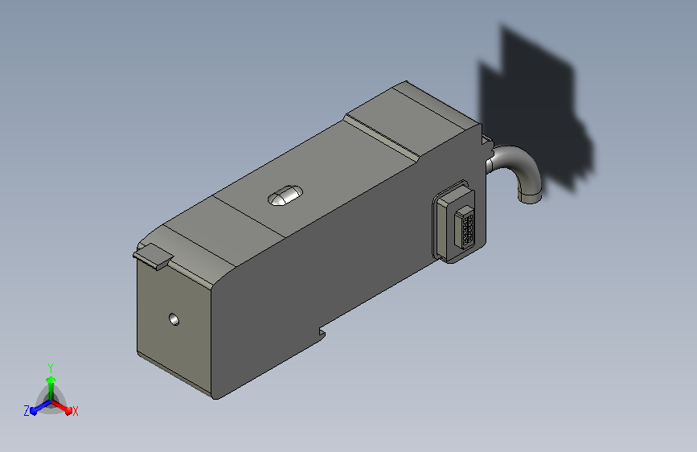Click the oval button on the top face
click(x=285, y=195)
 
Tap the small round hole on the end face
click(x=174, y=319)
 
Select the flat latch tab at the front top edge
click(x=154, y=257)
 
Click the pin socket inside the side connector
click(x=465, y=228)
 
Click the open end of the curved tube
click(x=530, y=197)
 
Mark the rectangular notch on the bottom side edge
click(x=322, y=333)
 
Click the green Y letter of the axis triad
click(x=51, y=368)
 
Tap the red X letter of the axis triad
click(x=75, y=411)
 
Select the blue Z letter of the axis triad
click(x=27, y=411)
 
